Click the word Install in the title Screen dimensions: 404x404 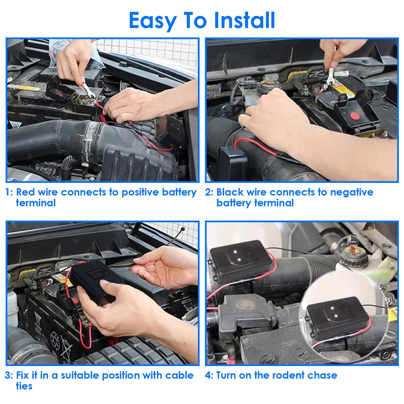coord(245,20)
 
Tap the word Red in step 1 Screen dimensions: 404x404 coord(26,192)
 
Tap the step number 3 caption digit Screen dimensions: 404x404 coord(8,375)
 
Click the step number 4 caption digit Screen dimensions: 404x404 coord(208,375)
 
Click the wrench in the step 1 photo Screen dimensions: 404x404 coord(89,90)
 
